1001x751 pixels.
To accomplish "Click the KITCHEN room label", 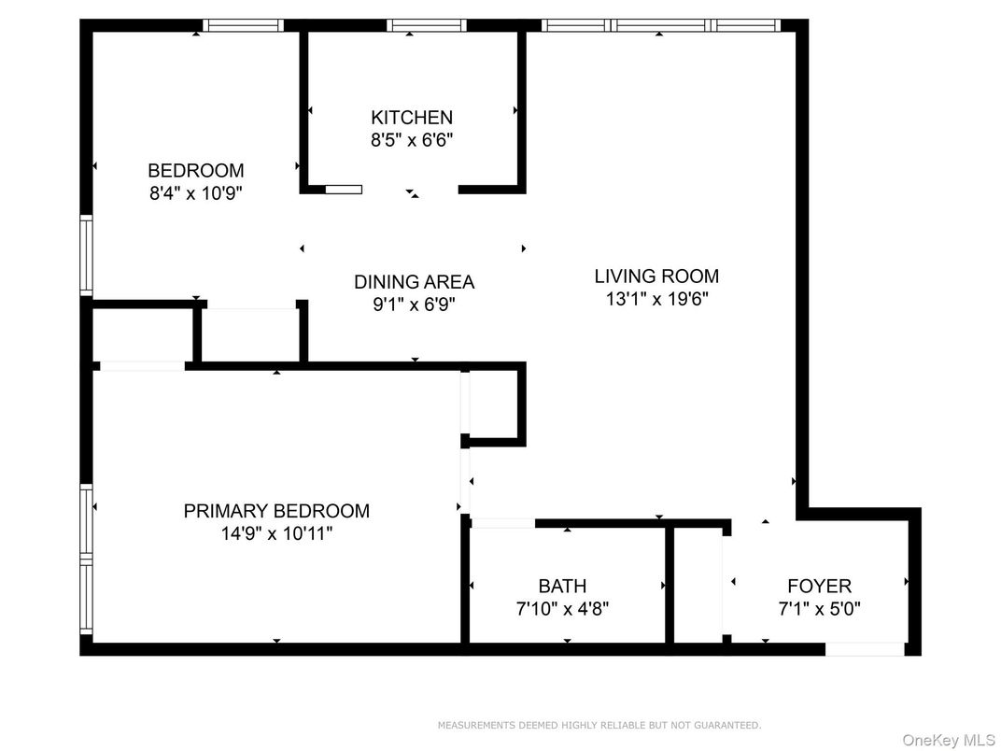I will [x=412, y=118].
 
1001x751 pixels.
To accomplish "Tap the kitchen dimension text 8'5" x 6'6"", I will [x=412, y=141].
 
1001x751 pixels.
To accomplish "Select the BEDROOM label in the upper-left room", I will [x=196, y=171].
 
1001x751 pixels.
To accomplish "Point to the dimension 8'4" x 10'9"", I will [x=196, y=193].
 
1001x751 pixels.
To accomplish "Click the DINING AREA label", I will [x=414, y=282].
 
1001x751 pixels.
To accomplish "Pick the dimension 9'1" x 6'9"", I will [x=414, y=305].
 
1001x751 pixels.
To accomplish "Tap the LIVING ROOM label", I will [x=656, y=276].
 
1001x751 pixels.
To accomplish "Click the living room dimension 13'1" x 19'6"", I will [x=656, y=299].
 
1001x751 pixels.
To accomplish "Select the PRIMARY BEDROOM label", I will [x=276, y=511].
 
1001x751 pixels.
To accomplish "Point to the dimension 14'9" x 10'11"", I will [x=276, y=534].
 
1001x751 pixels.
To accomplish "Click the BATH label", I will [x=562, y=587].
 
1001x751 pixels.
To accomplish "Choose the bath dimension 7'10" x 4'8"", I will [x=562, y=609].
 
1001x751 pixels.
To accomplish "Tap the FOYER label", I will [x=819, y=587].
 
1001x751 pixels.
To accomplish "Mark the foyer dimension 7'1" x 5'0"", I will [x=819, y=609].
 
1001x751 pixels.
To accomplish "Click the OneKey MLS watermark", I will [x=948, y=740].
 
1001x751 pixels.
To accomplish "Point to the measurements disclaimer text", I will [x=599, y=725].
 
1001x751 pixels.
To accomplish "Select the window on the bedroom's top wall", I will [x=243, y=26].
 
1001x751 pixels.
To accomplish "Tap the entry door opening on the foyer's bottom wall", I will [x=864, y=648].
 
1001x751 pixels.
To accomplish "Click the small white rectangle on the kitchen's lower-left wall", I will [x=343, y=190].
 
